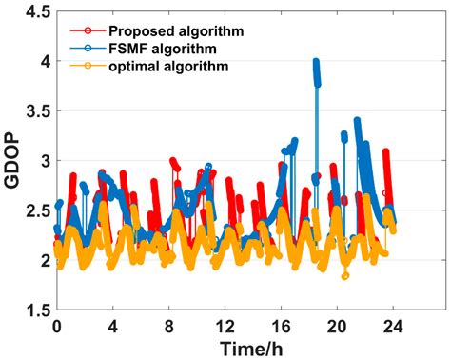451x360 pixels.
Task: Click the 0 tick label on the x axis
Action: click(x=57, y=326)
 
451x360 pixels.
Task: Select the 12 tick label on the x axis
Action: click(x=225, y=326)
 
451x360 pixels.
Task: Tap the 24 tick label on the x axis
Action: click(x=393, y=326)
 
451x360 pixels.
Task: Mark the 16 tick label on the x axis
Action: click(x=281, y=326)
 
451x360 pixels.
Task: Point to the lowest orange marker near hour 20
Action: click(x=345, y=276)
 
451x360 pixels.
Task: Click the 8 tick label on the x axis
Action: click(x=169, y=326)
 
